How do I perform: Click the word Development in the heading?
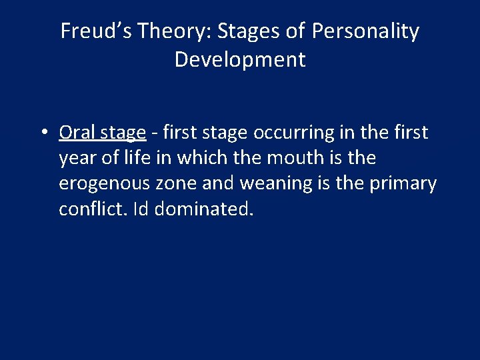pos(240,59)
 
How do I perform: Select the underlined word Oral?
pos(77,133)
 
